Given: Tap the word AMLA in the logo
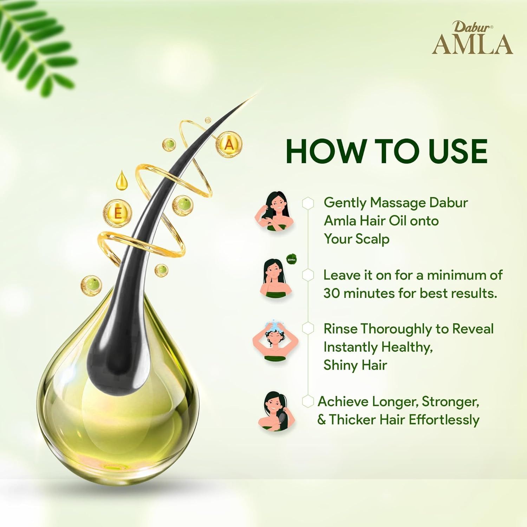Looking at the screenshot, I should (x=472, y=45).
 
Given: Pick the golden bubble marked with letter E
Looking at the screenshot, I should (x=118, y=213).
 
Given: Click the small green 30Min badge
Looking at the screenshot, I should (x=292, y=260).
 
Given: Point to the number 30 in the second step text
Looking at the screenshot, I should (x=331, y=293).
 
